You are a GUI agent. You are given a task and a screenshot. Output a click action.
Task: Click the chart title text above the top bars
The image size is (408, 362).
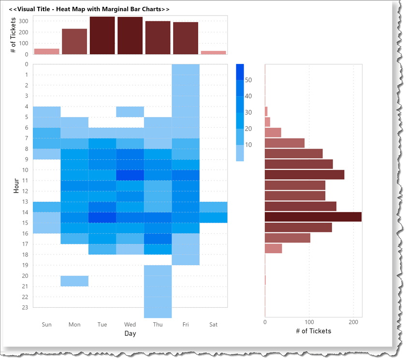(89, 9)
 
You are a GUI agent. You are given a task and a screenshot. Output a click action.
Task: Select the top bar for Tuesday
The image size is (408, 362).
(102, 35)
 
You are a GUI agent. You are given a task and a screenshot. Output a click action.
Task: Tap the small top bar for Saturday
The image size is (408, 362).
(213, 52)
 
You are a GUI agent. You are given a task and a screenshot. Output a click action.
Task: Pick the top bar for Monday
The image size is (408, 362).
(74, 42)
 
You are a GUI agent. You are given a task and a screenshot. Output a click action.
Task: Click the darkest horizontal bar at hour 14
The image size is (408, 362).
(313, 217)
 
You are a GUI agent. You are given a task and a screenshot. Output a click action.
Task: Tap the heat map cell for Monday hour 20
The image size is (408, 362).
(74, 281)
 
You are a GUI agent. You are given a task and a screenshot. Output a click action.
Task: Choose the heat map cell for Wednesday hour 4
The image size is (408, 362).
(130, 112)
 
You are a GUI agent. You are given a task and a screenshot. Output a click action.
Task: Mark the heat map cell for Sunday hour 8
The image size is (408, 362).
(47, 154)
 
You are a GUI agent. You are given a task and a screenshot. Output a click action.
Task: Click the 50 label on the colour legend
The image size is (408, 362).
(248, 80)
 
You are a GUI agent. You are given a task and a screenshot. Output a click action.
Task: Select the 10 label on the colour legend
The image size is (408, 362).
(248, 144)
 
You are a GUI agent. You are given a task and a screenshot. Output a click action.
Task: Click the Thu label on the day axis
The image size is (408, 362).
(158, 325)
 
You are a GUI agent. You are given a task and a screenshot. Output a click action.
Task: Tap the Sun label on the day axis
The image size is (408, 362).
(47, 325)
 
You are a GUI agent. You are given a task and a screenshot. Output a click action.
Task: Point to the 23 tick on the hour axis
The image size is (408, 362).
(25, 307)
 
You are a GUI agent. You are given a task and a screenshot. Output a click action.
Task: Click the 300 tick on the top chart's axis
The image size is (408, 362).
(24, 21)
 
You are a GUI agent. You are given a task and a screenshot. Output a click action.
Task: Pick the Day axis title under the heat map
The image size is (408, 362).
(130, 333)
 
